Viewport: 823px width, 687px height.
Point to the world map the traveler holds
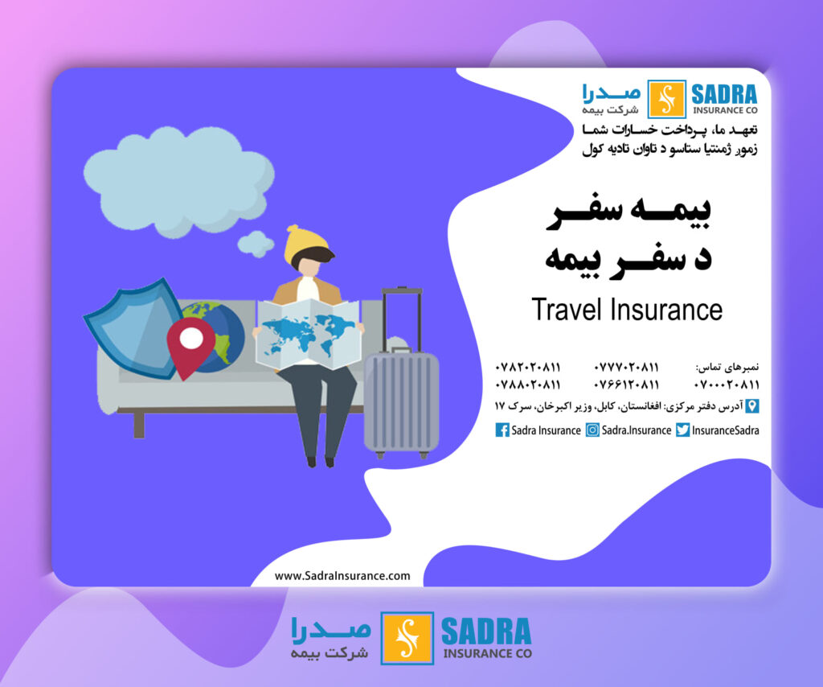point(309,335)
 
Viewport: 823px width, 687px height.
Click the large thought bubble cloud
point(178,180)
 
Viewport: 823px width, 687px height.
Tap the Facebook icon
point(502,430)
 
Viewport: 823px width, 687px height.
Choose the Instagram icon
point(592,430)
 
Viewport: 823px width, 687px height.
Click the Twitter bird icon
point(683,430)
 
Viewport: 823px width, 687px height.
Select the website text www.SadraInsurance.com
point(342,576)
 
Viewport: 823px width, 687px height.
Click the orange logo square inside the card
point(666,99)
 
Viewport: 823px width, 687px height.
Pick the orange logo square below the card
point(407,638)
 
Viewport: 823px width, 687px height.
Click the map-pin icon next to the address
point(752,406)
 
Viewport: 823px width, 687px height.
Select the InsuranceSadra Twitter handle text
point(726,430)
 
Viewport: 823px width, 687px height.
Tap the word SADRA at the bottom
point(486,631)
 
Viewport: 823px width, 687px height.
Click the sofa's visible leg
point(139,425)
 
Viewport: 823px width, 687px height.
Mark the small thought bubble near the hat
point(256,244)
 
